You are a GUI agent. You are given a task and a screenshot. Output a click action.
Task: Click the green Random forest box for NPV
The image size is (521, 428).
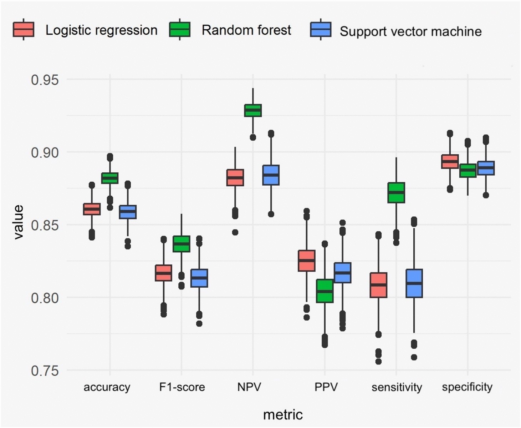point(253,110)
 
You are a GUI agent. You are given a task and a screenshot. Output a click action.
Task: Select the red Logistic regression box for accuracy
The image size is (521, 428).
point(92,209)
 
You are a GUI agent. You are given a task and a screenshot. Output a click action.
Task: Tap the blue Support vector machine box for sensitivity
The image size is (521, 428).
point(414,283)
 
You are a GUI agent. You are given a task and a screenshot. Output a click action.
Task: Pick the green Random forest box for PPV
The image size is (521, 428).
point(325,291)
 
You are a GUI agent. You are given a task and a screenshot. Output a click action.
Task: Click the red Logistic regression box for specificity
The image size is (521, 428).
point(450,161)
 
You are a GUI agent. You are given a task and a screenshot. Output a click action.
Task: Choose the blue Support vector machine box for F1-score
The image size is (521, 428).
point(199,278)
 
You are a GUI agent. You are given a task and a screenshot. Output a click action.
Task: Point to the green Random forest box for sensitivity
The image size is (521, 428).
point(396,192)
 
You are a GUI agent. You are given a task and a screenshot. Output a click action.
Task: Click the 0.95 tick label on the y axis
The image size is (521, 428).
point(45,80)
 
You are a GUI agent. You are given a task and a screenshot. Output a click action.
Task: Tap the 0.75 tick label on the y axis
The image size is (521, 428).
point(45,371)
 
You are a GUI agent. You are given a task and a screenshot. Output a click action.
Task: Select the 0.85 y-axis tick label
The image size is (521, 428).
point(45,225)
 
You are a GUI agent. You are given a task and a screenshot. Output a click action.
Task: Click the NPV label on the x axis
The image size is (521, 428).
point(249,387)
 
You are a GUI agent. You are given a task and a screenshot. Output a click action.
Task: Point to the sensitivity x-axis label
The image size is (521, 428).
point(397,387)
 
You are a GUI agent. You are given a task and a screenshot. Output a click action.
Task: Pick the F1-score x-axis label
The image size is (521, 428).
point(182,387)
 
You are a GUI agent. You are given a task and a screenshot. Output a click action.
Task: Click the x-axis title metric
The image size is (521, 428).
point(283,415)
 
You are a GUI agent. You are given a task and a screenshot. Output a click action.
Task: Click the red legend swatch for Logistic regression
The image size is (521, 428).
point(24,30)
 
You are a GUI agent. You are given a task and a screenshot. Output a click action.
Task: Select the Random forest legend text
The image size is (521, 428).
point(246,30)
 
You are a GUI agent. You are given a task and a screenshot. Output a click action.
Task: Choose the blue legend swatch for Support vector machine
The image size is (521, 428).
point(321,30)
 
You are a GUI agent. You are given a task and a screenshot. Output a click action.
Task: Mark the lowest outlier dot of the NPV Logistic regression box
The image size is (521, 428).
point(235,232)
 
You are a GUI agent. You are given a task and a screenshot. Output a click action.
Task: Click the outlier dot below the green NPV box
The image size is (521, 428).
point(253,137)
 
